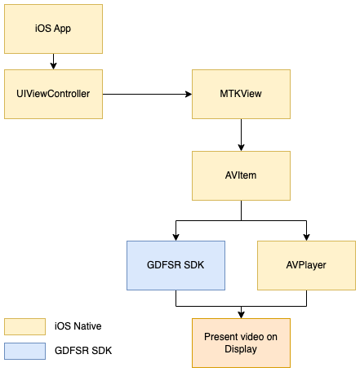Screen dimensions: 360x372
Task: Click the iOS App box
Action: coord(53,29)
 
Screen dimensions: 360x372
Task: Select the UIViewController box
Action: coord(53,94)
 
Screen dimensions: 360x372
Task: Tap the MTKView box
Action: coord(241,94)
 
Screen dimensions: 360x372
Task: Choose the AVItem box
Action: coord(241,175)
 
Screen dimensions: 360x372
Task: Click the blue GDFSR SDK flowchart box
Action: coord(176,265)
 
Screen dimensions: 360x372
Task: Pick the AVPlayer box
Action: coord(306,265)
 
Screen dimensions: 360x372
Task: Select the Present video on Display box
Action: coord(241,343)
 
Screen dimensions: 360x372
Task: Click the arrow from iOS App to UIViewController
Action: coord(53,61)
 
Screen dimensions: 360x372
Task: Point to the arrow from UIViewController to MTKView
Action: coord(147,94)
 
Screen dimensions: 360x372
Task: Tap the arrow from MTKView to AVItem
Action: coord(241,135)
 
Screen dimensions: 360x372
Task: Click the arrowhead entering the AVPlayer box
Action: coord(306,237)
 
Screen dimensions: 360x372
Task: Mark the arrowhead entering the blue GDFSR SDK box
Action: coord(176,237)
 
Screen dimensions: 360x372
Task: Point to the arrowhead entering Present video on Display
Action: coord(241,315)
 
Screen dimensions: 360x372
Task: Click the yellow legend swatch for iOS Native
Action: coord(24,326)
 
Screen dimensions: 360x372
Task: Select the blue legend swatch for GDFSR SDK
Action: coord(24,351)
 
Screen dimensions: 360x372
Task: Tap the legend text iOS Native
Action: coord(78,326)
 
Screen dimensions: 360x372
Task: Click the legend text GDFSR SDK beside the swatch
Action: coord(83,351)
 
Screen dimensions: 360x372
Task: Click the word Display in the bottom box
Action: coord(241,349)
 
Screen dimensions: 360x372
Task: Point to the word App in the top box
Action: coord(62,29)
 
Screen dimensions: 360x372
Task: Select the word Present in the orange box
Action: coord(220,337)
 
